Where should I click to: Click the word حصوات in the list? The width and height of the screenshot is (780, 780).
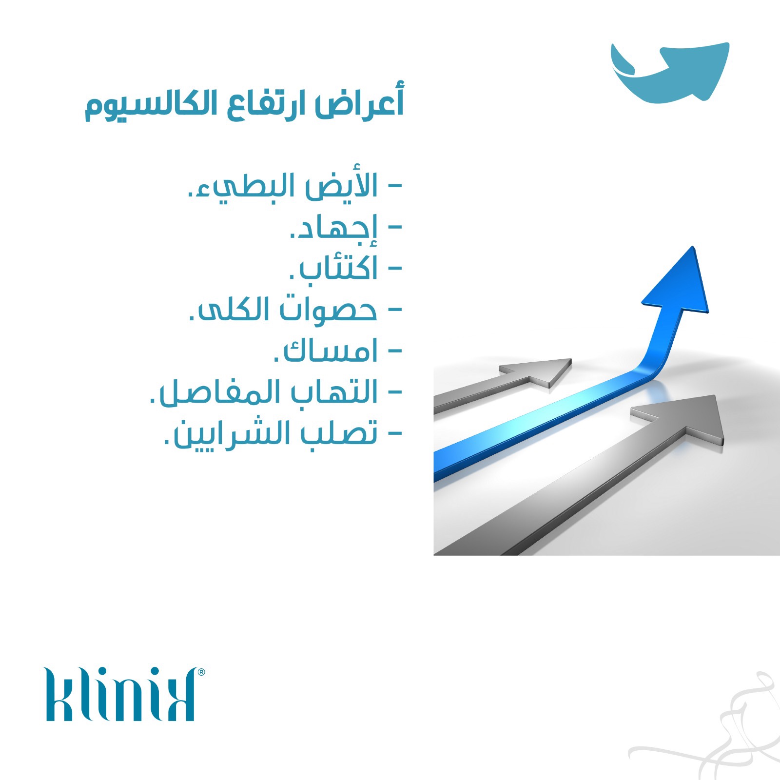tap(328, 309)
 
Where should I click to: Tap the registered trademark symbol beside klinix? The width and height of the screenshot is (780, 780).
tap(201, 672)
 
